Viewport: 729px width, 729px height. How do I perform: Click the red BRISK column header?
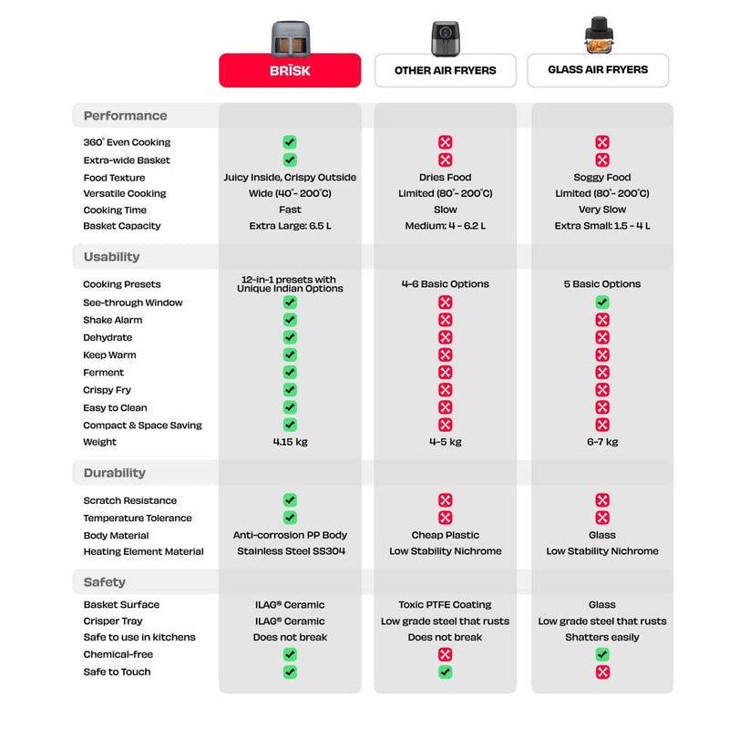[290, 70]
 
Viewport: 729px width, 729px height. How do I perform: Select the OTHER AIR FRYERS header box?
[445, 70]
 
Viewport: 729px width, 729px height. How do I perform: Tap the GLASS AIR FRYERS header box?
[598, 70]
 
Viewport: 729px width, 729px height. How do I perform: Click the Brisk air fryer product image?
[291, 38]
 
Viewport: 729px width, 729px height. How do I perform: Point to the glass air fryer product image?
[599, 35]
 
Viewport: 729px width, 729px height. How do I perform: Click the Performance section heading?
[125, 116]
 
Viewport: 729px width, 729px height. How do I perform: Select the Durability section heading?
[115, 473]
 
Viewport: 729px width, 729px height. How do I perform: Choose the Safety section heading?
[105, 582]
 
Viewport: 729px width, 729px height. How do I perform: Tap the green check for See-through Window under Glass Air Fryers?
[602, 303]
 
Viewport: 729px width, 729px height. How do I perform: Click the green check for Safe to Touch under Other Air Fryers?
[445, 672]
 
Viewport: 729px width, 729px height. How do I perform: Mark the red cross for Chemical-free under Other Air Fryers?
[445, 654]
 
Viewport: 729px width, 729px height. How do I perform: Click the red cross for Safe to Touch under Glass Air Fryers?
[602, 672]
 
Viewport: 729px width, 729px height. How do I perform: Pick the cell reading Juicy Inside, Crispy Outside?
[290, 178]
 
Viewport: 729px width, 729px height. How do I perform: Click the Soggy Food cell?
[602, 178]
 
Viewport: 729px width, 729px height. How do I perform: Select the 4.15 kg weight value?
[290, 442]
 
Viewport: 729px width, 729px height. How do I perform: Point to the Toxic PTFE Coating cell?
[445, 604]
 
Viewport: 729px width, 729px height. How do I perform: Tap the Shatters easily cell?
[602, 637]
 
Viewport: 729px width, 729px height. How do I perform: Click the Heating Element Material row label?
[144, 551]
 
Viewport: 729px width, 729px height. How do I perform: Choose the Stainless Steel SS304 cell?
[291, 551]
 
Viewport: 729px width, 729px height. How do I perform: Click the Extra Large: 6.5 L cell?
[290, 226]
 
